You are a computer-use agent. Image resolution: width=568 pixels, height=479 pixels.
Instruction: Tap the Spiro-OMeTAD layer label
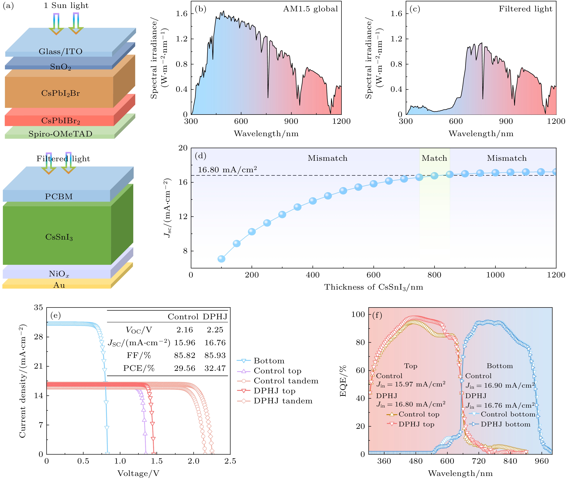click(x=60, y=134)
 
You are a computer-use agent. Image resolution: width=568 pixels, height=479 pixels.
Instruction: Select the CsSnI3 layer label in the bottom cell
click(x=59, y=237)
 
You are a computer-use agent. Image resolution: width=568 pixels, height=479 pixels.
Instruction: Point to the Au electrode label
click(x=59, y=285)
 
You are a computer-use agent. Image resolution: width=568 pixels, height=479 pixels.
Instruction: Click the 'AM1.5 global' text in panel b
click(x=310, y=9)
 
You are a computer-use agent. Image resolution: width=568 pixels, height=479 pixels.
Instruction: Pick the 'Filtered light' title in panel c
click(x=525, y=9)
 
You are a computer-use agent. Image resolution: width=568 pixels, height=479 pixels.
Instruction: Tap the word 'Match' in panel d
click(x=434, y=158)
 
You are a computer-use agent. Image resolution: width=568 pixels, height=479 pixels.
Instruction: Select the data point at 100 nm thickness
click(x=221, y=259)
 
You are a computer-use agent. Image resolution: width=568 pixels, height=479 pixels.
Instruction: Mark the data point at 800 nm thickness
click(x=434, y=176)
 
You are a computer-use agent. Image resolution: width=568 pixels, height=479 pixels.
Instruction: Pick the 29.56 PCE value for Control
click(x=185, y=368)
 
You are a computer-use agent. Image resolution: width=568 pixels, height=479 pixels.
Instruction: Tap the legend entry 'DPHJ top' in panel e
click(x=274, y=391)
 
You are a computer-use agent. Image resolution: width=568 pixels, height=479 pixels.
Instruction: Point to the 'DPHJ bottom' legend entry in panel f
click(x=505, y=424)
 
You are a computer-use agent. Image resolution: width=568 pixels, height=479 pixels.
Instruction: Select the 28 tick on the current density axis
click(x=38, y=337)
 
